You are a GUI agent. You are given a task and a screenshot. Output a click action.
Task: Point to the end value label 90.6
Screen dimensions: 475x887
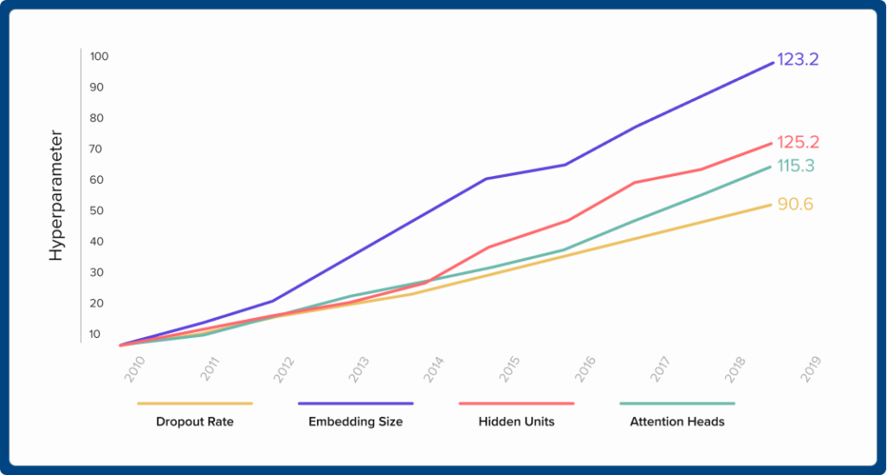coord(794,205)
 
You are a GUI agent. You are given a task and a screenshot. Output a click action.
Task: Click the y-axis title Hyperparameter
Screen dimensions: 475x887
coord(56,196)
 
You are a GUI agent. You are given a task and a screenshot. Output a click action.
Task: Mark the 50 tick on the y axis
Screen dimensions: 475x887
coord(98,211)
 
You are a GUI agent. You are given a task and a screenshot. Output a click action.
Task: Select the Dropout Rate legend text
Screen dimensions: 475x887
coord(195,423)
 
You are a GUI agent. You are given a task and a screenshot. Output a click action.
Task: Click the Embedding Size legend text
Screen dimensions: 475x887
coord(356,423)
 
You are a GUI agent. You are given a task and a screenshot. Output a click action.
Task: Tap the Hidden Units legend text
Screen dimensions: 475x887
coord(516,423)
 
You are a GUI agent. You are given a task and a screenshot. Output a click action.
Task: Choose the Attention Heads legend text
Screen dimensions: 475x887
coord(677,423)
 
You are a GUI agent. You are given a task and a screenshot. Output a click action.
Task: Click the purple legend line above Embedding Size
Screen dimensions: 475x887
coord(356,403)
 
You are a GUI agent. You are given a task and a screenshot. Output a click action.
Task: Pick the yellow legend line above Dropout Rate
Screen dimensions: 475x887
coord(195,403)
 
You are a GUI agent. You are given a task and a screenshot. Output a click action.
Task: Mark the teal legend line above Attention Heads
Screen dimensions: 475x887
coord(677,403)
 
